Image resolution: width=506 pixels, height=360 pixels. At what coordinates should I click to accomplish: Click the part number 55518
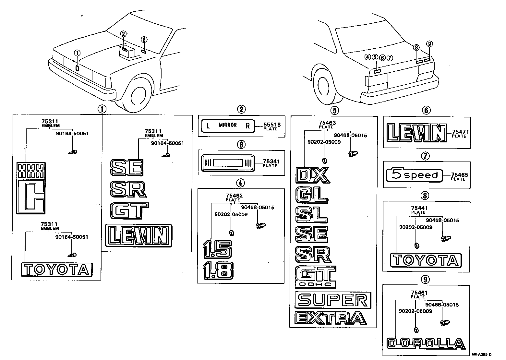click(272, 125)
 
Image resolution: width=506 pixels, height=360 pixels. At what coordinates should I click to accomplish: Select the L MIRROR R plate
click(228, 126)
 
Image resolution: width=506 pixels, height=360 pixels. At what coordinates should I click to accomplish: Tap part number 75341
click(271, 161)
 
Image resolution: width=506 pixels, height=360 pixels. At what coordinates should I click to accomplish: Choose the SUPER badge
click(332, 300)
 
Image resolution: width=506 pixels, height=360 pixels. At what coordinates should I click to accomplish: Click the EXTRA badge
click(330, 318)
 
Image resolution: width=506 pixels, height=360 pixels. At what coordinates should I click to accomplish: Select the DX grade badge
click(313, 175)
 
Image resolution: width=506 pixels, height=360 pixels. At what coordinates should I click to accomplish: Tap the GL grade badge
click(312, 195)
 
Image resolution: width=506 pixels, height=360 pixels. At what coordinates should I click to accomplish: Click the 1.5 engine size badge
click(217, 249)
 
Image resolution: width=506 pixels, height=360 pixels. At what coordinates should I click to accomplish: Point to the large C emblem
click(31, 197)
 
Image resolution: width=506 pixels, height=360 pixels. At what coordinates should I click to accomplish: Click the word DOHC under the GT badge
click(314, 284)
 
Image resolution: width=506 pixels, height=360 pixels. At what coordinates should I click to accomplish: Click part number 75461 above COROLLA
click(419, 293)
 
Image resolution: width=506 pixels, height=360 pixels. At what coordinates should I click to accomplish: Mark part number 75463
click(327, 123)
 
